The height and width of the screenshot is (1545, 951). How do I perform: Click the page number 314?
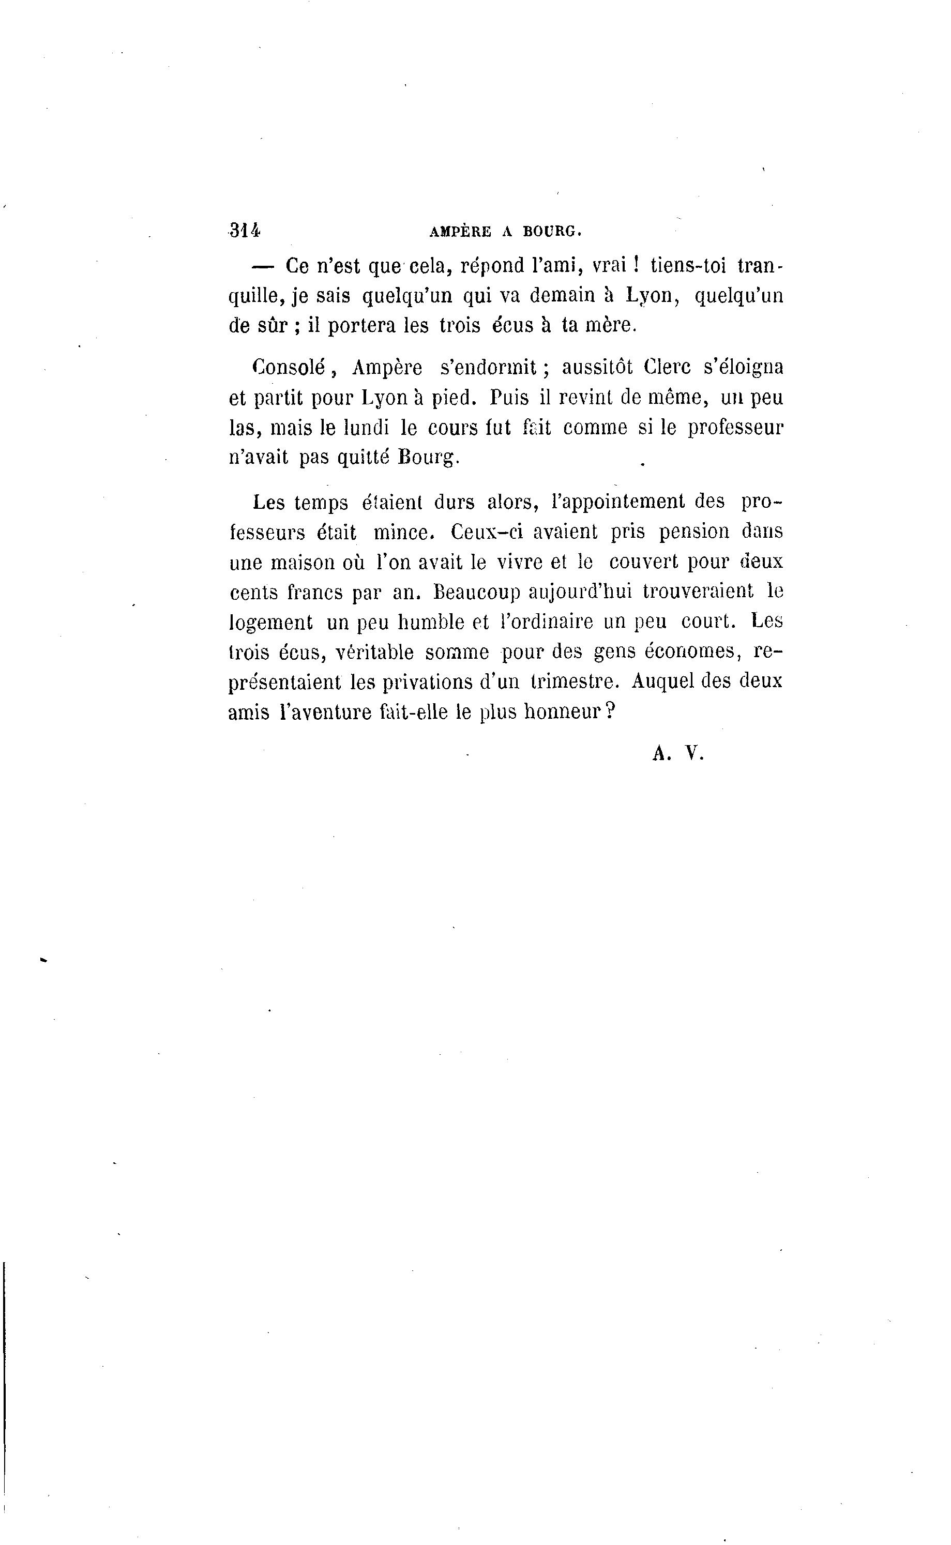tap(245, 231)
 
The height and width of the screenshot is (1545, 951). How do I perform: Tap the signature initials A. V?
tap(678, 753)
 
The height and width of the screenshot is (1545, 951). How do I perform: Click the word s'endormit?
tap(488, 367)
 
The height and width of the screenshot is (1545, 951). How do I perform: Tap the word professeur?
tap(735, 428)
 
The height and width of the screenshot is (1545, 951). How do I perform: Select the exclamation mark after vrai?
tap(636, 266)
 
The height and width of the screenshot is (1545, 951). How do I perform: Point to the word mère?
tap(611, 326)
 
